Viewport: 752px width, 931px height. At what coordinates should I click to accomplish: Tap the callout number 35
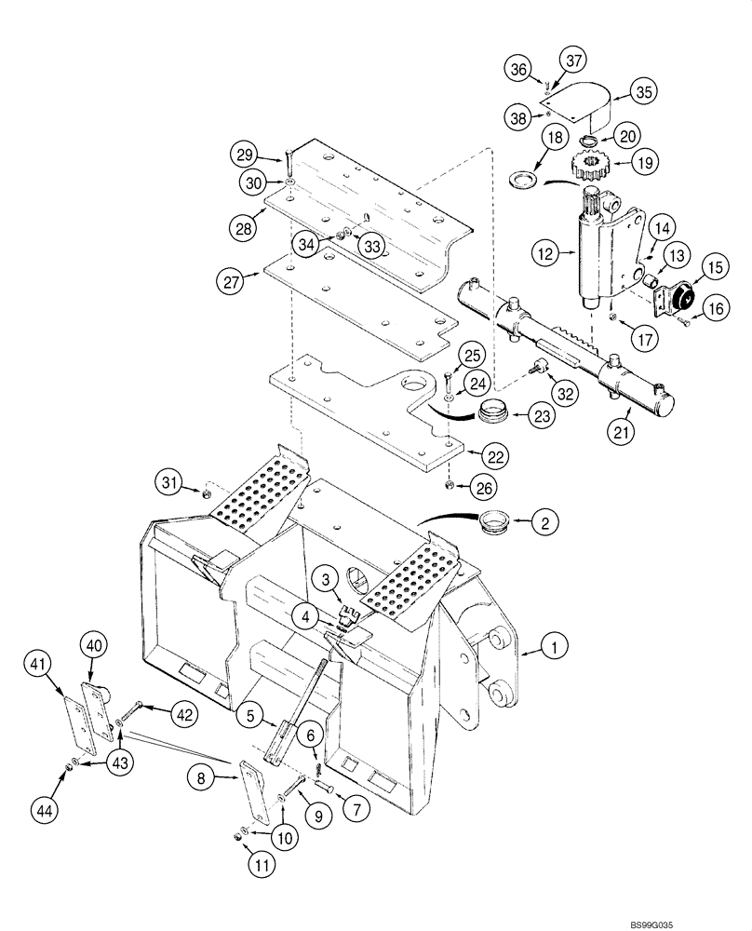click(643, 91)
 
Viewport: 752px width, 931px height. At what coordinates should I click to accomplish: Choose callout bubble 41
click(37, 663)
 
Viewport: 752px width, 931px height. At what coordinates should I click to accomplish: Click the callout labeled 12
click(545, 251)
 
